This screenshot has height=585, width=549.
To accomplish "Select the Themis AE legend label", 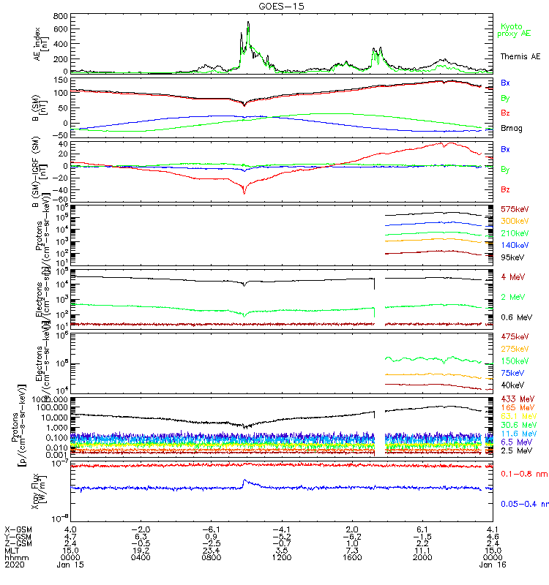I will click(520, 56).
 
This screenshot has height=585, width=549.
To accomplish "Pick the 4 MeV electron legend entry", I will click(512, 277).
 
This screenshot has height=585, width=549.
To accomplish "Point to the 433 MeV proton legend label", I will click(515, 399).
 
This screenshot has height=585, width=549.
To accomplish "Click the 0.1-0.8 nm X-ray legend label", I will click(521, 474).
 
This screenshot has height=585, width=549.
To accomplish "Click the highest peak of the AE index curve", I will click(249, 22).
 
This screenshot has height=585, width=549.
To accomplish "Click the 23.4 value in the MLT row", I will click(211, 550).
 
